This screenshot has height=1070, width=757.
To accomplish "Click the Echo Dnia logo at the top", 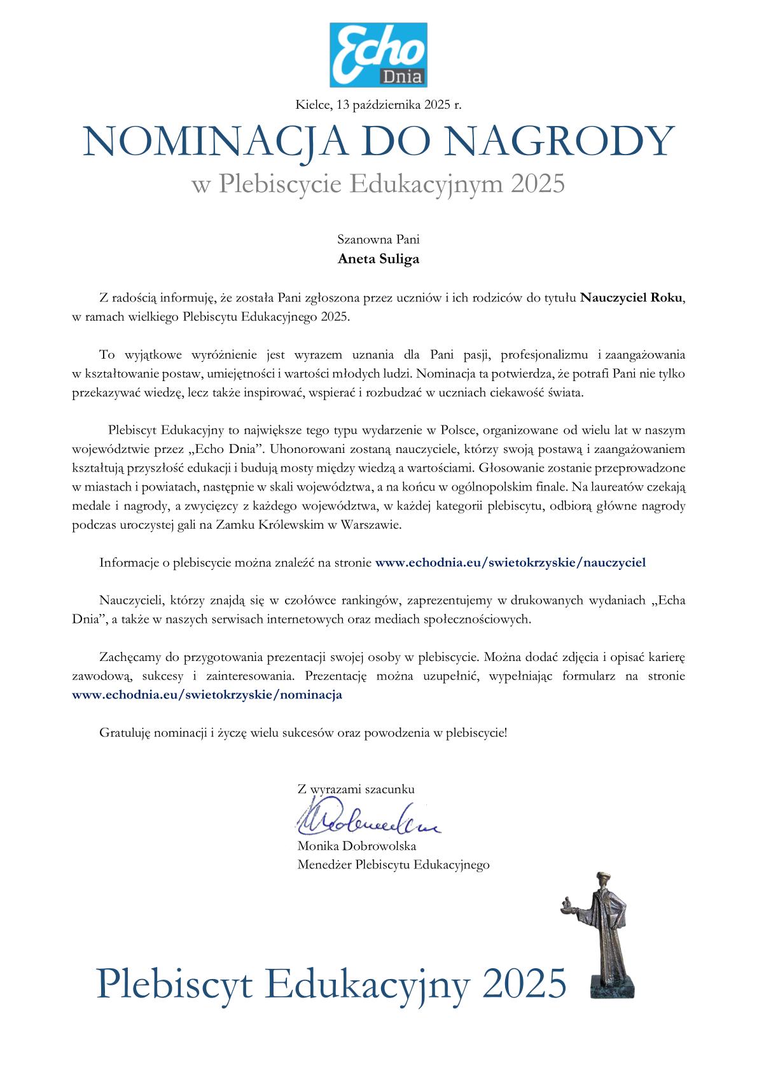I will [378, 55].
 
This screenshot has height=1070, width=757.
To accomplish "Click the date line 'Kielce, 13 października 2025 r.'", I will [378, 105].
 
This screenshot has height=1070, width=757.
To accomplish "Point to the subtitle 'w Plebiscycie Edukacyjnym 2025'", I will [378, 184].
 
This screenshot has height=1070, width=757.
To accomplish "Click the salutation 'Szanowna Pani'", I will [378, 240].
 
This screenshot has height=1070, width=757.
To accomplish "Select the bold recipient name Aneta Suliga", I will [378, 259].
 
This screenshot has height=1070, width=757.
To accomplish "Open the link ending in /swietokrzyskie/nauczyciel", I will [510, 562].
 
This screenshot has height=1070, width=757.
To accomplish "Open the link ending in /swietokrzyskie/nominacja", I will [207, 695].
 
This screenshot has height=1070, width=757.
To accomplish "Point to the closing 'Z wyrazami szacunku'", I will [356, 789].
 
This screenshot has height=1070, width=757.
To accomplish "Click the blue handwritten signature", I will [366, 821].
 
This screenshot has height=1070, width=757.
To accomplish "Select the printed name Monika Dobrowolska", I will [356, 846].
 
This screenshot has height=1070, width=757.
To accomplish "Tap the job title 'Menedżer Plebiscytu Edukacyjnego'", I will [393, 865].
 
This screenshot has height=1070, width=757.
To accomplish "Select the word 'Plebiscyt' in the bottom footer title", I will [176, 984].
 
